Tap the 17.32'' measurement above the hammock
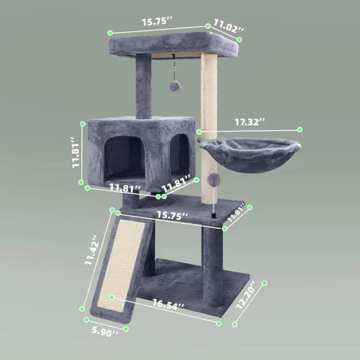pos(250,122)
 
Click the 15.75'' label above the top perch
pos(157,21)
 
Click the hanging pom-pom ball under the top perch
pos(174,86)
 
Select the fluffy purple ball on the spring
pos(213,180)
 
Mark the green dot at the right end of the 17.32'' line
pos(300,129)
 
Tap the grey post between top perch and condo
pos(143,86)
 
